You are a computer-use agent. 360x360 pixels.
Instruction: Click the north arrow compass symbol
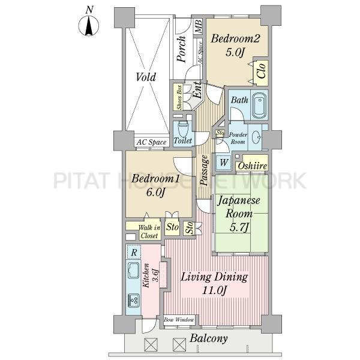pyautogui.click(x=89, y=25)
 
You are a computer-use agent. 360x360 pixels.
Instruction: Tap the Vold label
pyautogui.click(x=146, y=77)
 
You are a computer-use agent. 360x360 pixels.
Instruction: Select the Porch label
pyautogui.click(x=182, y=49)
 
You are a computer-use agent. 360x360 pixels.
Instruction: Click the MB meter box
pyautogui.click(x=199, y=26)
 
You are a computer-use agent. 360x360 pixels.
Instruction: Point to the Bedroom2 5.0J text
pyautogui.click(x=235, y=45)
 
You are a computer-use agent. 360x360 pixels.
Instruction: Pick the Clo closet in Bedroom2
pyautogui.click(x=261, y=71)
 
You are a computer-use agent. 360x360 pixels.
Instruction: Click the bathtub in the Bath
pyautogui.click(x=259, y=104)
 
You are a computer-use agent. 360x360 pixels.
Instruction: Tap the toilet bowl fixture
pyautogui.click(x=183, y=128)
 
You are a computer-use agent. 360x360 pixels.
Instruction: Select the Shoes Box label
pyautogui.click(x=179, y=97)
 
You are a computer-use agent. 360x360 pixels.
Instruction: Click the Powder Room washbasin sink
pyautogui.click(x=256, y=137)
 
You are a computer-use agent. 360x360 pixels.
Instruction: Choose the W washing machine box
pyautogui.click(x=224, y=162)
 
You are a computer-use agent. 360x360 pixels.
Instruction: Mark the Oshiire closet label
pyautogui.click(x=253, y=166)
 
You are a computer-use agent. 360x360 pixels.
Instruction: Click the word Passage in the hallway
pyautogui.click(x=205, y=170)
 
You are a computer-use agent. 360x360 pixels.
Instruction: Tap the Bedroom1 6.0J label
pyautogui.click(x=155, y=185)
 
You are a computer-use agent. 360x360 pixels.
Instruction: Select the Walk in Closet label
pyautogui.click(x=149, y=232)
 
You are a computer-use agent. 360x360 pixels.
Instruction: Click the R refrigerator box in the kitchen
pyautogui.click(x=134, y=252)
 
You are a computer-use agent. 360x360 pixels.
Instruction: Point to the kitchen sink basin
pyautogui.click(x=133, y=270)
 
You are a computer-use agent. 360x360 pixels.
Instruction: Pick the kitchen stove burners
pyautogui.click(x=133, y=300)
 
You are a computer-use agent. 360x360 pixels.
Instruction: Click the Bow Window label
pyautogui.click(x=179, y=320)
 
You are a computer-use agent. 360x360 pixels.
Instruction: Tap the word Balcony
pyautogui.click(x=209, y=338)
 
